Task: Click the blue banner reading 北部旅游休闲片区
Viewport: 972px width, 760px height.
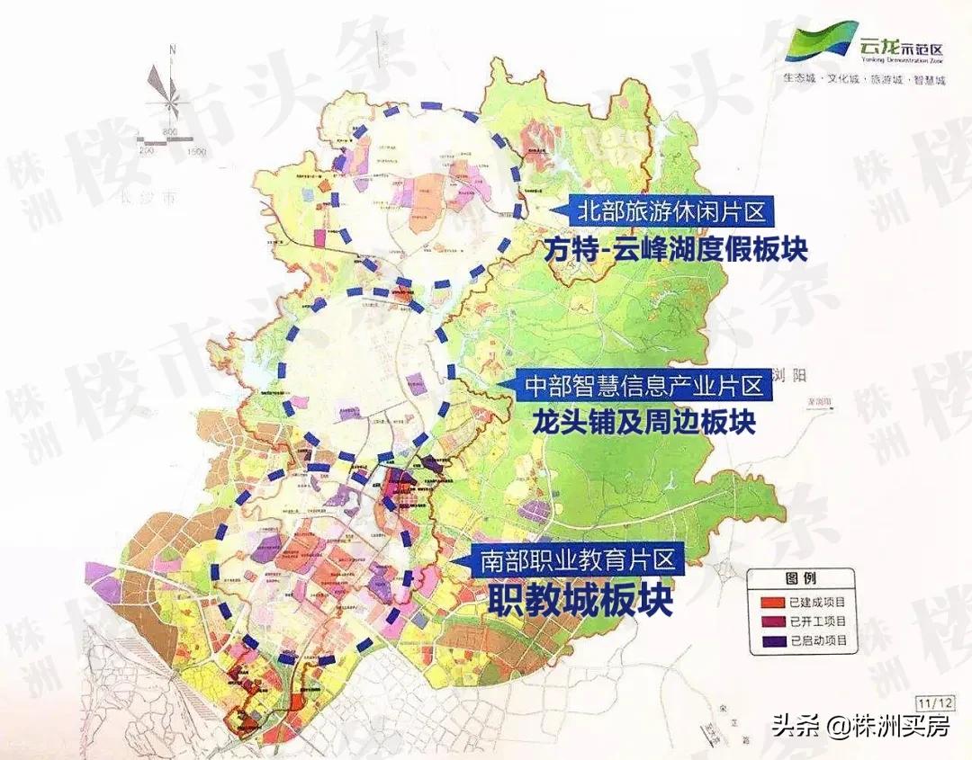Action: coord(663,213)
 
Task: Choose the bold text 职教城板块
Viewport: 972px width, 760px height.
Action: coord(580,601)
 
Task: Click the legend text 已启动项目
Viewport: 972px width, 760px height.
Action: coord(817,641)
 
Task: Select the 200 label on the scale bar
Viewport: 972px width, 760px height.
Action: coord(148,152)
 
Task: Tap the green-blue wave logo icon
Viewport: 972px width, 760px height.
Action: coord(821,42)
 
